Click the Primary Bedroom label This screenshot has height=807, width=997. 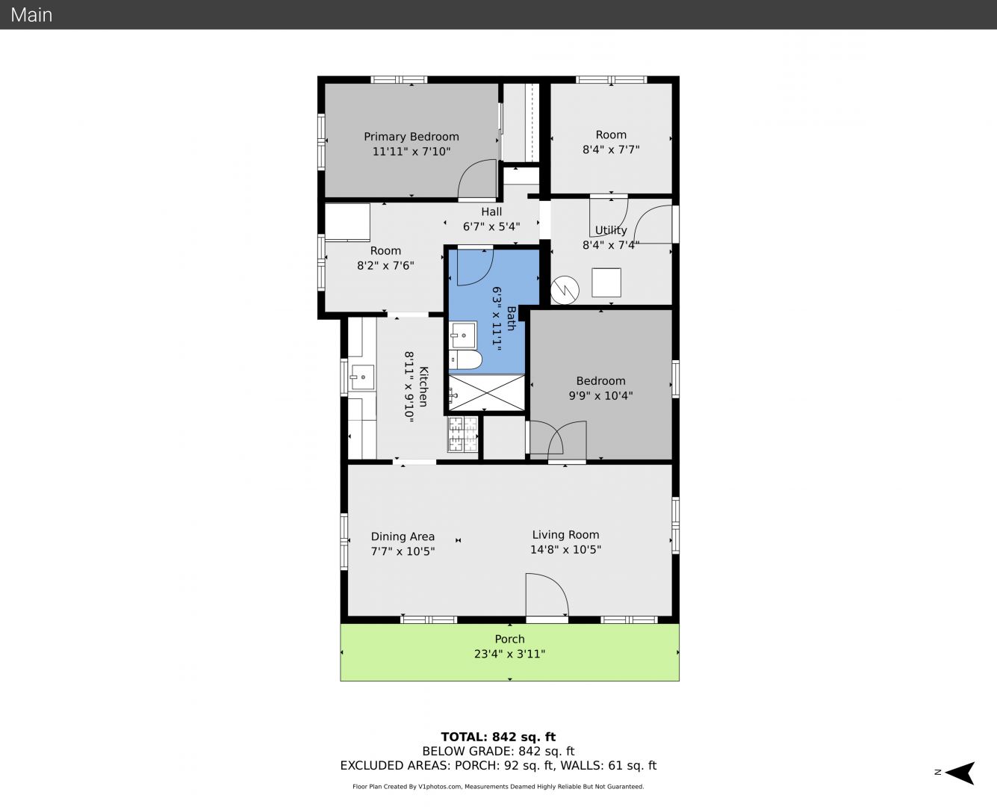click(x=411, y=137)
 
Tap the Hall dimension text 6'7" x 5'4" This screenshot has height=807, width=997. click(x=491, y=226)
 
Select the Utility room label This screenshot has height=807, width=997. click(x=611, y=230)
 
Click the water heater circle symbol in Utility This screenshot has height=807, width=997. click(x=565, y=291)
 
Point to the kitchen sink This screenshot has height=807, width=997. click(x=361, y=377)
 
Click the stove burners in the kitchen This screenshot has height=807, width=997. click(x=463, y=433)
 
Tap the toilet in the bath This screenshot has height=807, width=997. click(x=465, y=359)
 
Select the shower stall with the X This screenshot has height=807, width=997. click(x=487, y=392)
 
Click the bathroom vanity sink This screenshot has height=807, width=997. click(x=462, y=336)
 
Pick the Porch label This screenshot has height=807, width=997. click(x=509, y=639)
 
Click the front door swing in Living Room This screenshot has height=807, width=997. click(x=547, y=595)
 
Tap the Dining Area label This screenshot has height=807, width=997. click(x=403, y=537)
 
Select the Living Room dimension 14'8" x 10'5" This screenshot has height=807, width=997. click(x=565, y=549)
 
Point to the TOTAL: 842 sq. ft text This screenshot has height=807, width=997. click(x=498, y=737)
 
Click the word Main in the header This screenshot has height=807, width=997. click(x=31, y=15)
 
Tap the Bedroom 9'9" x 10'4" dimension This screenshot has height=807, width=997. click(x=600, y=396)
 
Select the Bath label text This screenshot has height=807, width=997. click(x=511, y=318)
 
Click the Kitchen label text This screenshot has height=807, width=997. click(x=423, y=386)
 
